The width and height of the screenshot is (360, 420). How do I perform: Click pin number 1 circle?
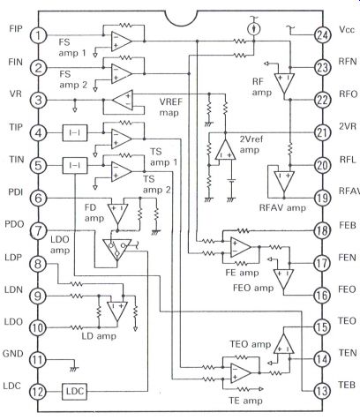pos(38,35)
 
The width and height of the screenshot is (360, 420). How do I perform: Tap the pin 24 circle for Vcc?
pos(323,35)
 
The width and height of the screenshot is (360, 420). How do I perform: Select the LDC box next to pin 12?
pos(75,392)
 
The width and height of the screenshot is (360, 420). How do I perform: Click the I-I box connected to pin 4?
pos(75,133)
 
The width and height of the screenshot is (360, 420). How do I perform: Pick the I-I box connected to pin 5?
pos(75,166)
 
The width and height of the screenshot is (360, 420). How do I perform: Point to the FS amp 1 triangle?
pos(121,41)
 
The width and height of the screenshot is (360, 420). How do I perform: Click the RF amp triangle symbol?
pos(284,83)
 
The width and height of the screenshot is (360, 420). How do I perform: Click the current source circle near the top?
pos(253,29)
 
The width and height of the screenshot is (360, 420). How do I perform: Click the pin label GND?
pos(12,353)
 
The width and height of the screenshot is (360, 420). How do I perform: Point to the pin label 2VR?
pos(348,126)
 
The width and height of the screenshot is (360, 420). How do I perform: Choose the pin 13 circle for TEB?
pos(322,391)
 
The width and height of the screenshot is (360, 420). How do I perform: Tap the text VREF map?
pos(170,107)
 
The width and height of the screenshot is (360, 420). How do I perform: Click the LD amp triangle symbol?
pos(117,311)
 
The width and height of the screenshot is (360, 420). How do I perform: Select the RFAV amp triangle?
pos(284,181)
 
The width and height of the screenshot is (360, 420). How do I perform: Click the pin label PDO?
pos(14,224)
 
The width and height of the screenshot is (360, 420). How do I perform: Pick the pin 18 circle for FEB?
pos(323,230)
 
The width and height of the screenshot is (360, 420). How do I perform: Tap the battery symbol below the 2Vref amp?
pos(232,181)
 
